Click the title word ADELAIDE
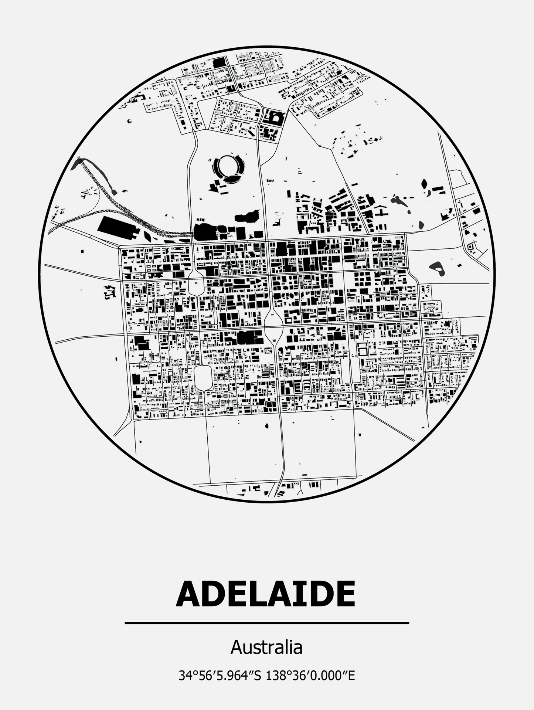tap(266, 595)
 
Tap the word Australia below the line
tap(266, 647)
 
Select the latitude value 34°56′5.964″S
tap(220, 676)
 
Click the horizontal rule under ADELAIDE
tap(266, 623)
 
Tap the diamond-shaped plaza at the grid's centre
tap(273, 327)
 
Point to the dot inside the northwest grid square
tap(196, 283)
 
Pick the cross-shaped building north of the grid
tap(380, 212)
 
